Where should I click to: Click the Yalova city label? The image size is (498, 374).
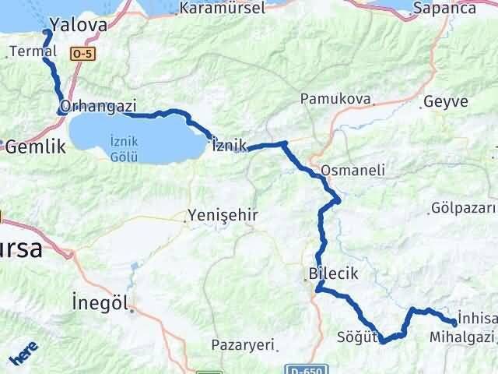pyautogui.click(x=78, y=25)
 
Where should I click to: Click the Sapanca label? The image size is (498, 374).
pyautogui.click(x=460, y=9)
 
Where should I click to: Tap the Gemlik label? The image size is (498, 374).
pyautogui.click(x=32, y=146)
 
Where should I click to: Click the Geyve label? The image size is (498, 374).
pyautogui.click(x=446, y=102)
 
